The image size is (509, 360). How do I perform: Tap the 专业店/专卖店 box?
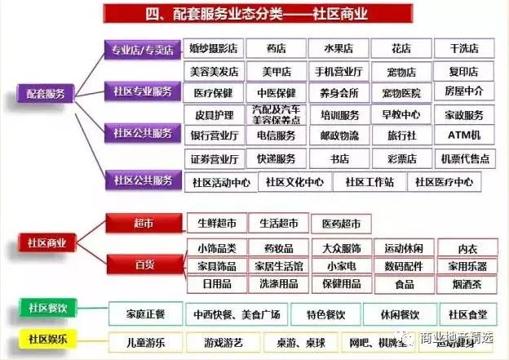tap(142, 50)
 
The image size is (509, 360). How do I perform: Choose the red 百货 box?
tap(144, 264)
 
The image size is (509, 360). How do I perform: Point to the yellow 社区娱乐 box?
tap(47, 337)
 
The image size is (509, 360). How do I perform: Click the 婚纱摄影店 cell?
tap(215, 49)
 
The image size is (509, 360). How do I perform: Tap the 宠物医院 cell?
tap(401, 92)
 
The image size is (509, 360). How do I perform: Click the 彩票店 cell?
tap(401, 158)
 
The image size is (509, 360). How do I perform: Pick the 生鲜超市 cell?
tap(215, 223)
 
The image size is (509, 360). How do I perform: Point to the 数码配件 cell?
tap(401, 266)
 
